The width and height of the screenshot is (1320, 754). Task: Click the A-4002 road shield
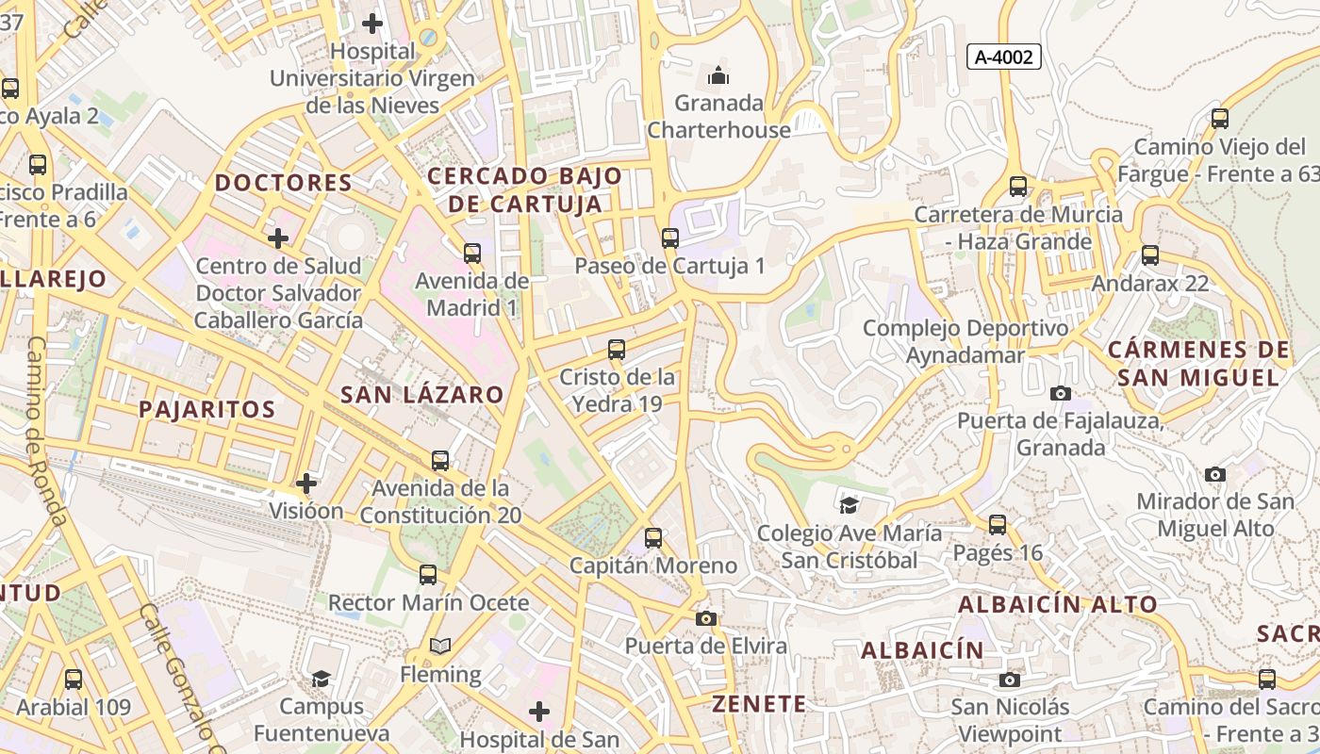click(x=1003, y=57)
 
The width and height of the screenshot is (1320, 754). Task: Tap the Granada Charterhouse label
click(x=718, y=116)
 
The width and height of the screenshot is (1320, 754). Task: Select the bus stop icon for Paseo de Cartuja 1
click(x=670, y=238)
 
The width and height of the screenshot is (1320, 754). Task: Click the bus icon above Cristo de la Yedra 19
click(x=617, y=350)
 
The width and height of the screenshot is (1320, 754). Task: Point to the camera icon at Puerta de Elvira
click(x=705, y=618)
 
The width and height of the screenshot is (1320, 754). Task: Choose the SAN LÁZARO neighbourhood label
click(x=421, y=395)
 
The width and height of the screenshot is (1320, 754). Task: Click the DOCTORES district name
click(x=284, y=183)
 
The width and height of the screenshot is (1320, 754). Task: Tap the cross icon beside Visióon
click(x=306, y=484)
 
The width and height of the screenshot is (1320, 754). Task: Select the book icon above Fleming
click(x=440, y=647)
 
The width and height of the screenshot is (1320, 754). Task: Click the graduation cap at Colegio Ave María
click(x=850, y=505)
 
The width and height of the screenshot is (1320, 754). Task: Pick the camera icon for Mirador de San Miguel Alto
click(x=1215, y=474)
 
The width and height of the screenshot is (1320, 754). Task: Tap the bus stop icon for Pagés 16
click(x=998, y=525)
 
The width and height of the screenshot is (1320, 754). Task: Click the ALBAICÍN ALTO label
click(x=1058, y=605)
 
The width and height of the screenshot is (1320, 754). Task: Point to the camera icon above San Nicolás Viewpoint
click(x=1010, y=680)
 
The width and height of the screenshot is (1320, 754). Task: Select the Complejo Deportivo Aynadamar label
click(x=965, y=342)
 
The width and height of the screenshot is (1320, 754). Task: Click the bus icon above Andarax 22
click(x=1150, y=255)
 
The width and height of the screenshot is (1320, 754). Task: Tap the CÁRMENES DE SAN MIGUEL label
click(x=1198, y=364)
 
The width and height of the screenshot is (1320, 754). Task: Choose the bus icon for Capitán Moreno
click(x=653, y=538)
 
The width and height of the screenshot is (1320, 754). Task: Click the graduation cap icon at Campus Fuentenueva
click(x=322, y=679)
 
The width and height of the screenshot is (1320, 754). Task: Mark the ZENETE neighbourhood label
click(x=759, y=704)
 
